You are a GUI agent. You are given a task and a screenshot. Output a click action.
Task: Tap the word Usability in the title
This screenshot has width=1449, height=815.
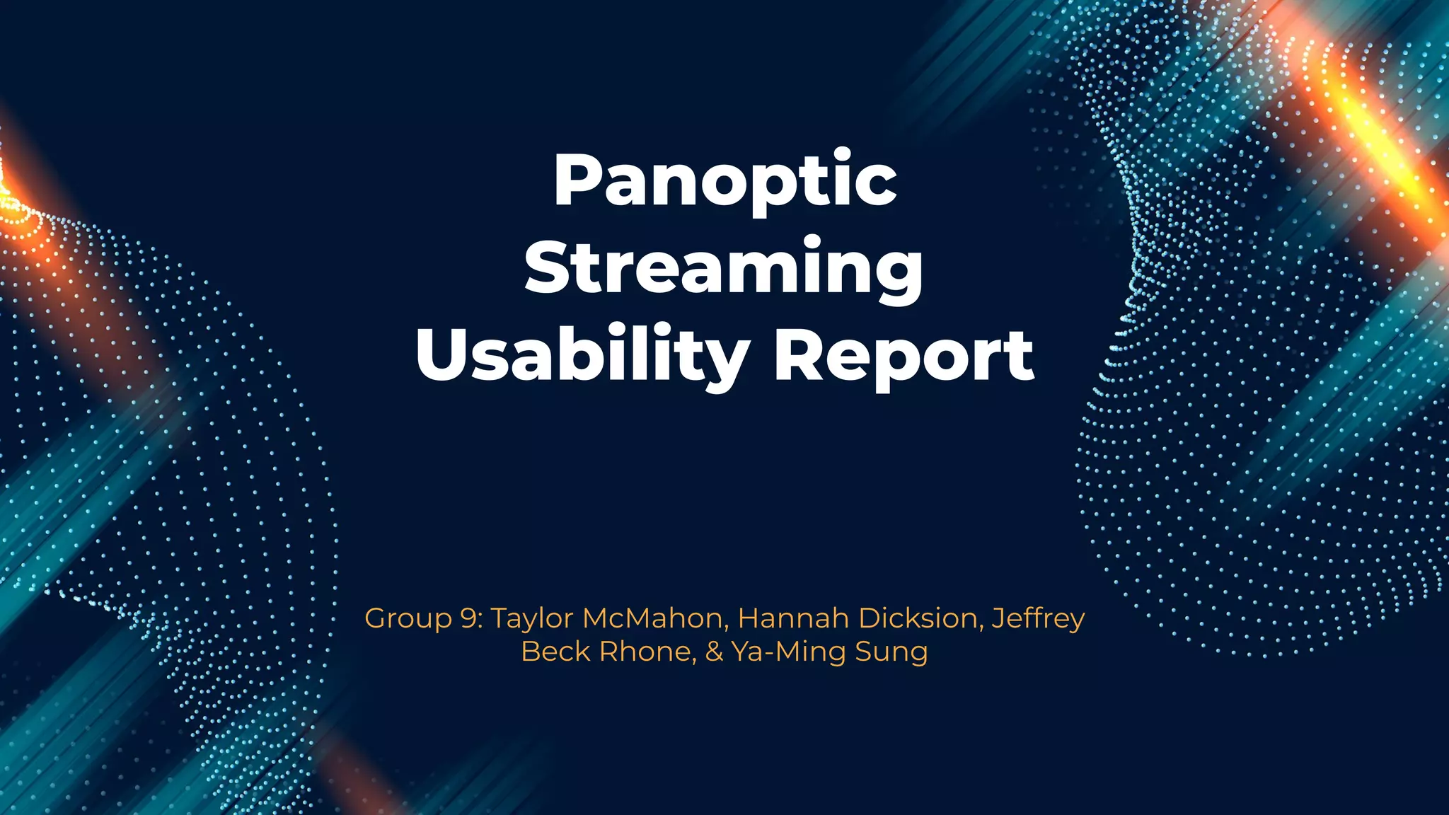point(582,356)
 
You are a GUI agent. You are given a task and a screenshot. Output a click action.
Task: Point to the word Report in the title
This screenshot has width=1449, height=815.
point(904,356)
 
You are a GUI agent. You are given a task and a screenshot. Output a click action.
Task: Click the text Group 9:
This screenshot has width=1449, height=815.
point(423,619)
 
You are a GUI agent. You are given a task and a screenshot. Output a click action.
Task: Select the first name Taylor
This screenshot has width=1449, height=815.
point(531,619)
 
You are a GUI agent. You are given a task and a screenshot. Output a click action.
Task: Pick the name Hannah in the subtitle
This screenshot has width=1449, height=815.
point(793,619)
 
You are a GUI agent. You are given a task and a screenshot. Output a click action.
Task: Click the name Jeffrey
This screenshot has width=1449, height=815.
point(1038,619)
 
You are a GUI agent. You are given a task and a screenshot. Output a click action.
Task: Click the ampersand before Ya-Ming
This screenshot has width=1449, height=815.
point(714,652)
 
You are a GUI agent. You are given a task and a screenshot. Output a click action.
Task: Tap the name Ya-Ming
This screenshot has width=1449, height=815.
point(788,652)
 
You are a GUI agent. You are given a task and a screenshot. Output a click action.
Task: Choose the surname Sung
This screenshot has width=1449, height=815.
point(891,652)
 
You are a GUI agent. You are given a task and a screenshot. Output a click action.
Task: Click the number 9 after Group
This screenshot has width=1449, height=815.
point(468,619)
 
